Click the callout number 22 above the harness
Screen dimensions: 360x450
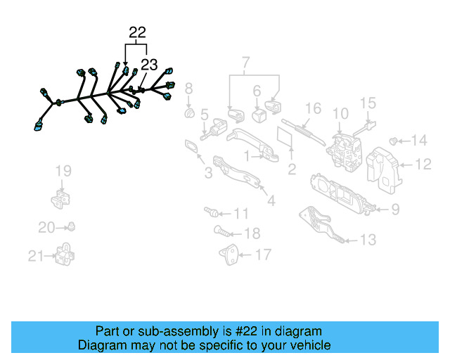point(137,32)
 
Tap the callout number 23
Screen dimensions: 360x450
point(149,65)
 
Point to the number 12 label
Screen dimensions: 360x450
point(423,165)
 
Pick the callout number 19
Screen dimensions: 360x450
point(63,170)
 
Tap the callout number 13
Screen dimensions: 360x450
point(368,240)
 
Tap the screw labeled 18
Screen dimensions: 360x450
point(219,231)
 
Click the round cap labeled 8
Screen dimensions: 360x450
point(188,113)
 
